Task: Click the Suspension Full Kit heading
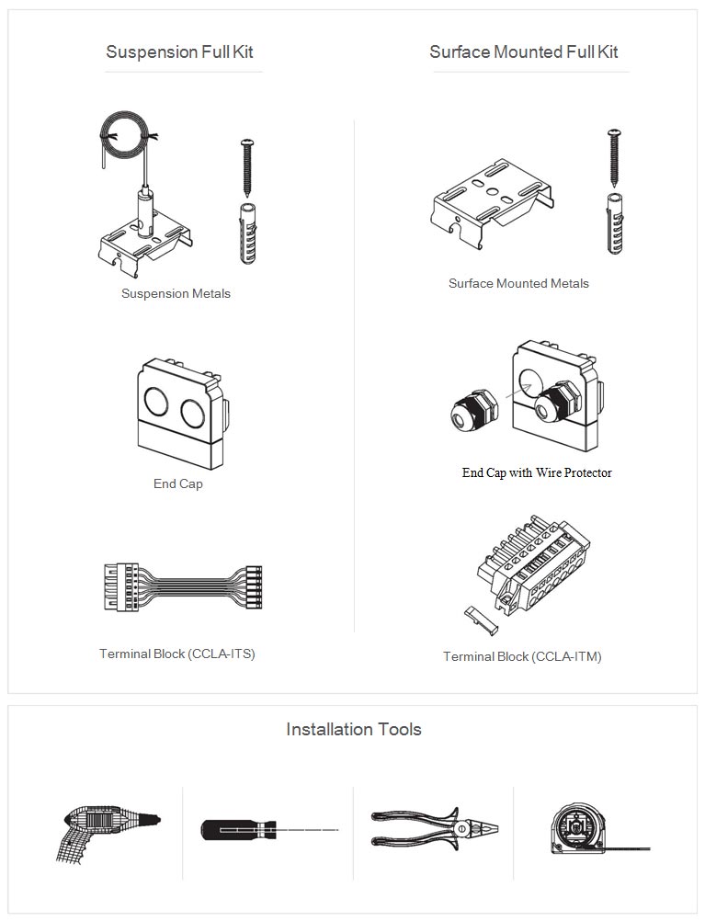(x=179, y=52)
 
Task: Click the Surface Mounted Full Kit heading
(x=523, y=52)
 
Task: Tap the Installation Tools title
(x=354, y=730)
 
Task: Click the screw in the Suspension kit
(x=247, y=166)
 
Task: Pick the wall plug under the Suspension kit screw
(x=246, y=233)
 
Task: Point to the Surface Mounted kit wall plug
(x=615, y=223)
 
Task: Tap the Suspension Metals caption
(x=176, y=294)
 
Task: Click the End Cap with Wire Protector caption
(x=537, y=472)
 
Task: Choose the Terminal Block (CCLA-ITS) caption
(x=176, y=654)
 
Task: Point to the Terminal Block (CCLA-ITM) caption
(x=522, y=656)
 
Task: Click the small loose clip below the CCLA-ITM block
(x=481, y=620)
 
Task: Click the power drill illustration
(x=108, y=835)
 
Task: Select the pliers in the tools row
(x=435, y=829)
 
